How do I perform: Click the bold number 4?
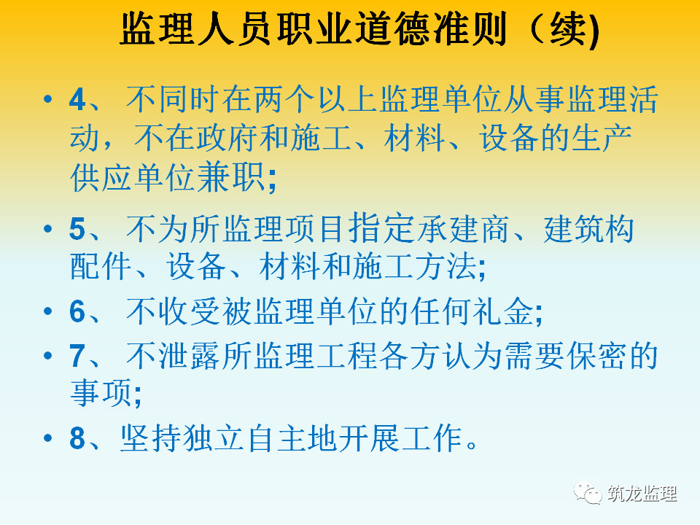[x=77, y=100]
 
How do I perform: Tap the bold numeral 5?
[x=77, y=229]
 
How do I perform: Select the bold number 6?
[x=77, y=311]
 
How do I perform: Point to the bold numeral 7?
[x=77, y=356]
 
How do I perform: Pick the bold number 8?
[x=77, y=437]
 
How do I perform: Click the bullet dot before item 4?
[x=48, y=98]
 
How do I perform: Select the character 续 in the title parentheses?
[x=567, y=29]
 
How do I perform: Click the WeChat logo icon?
[x=588, y=493]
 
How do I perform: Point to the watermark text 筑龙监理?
[x=642, y=494]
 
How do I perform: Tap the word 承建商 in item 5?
[x=464, y=229]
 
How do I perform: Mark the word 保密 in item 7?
[x=596, y=356]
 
